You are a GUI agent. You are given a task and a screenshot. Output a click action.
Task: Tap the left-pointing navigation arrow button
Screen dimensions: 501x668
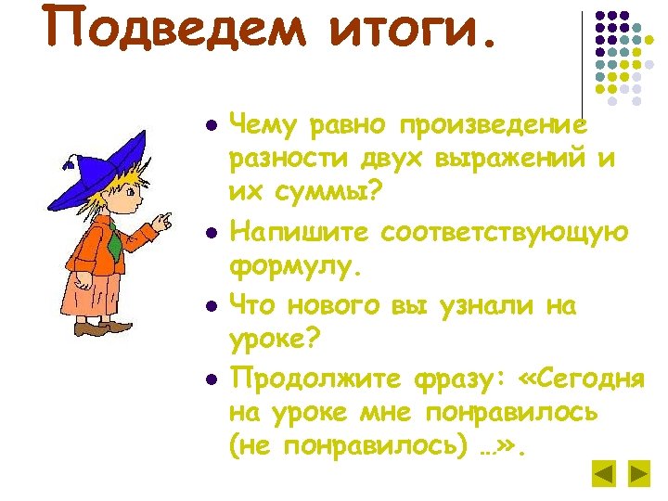[604, 474]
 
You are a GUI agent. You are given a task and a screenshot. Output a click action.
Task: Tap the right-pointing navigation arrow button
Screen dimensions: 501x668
[638, 474]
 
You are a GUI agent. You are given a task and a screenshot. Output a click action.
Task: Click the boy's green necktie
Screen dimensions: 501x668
[113, 243]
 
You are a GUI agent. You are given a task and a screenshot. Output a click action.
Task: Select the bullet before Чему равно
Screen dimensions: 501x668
[212, 124]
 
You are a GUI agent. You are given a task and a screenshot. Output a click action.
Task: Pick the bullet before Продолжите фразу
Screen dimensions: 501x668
[212, 379]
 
